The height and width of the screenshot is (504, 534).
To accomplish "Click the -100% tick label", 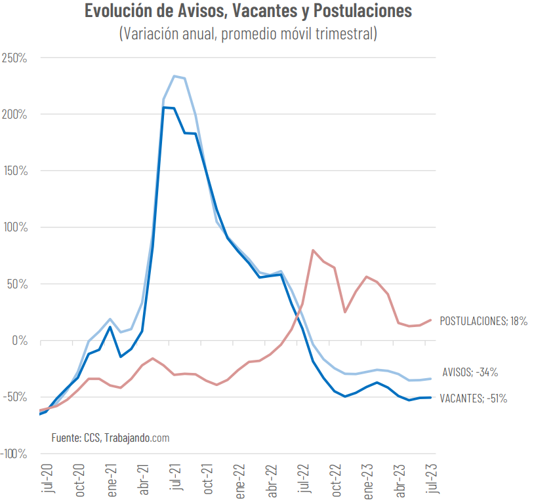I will [14, 454].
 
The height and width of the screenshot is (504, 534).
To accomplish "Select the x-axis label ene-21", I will [111, 482].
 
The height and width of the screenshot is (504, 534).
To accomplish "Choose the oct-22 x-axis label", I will [336, 482].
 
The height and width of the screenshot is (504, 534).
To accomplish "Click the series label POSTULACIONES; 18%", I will [483, 321].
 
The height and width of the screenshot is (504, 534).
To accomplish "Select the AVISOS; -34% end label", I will [470, 372].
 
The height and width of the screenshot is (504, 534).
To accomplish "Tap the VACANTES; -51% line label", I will [473, 398].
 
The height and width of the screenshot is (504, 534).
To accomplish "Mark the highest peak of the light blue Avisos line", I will [174, 76].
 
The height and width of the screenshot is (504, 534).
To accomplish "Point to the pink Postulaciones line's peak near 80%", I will [314, 250].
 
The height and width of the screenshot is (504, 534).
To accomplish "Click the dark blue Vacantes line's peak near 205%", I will [164, 107].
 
